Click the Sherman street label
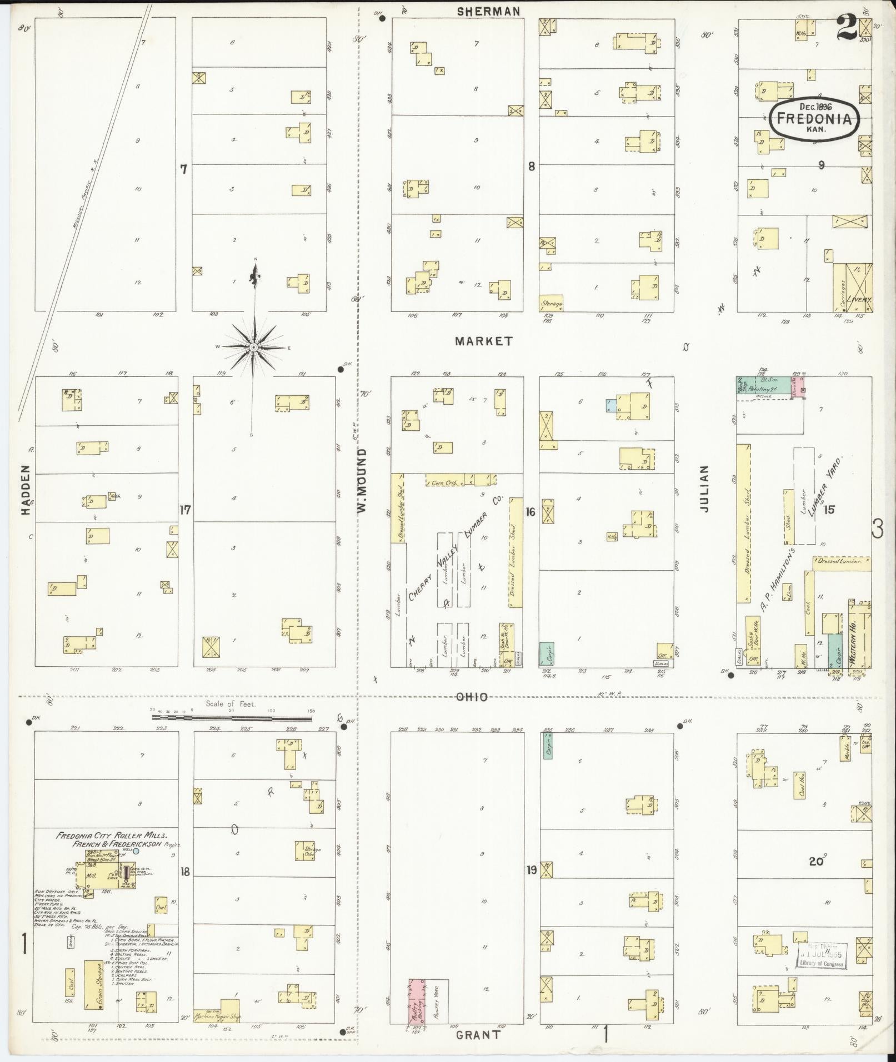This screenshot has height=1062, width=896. click(x=489, y=11)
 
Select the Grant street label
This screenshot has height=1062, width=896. click(x=478, y=1035)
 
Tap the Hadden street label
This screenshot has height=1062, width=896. click(x=26, y=495)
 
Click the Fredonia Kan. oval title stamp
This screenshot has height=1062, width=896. click(x=814, y=117)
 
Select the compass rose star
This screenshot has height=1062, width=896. click(x=253, y=347)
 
